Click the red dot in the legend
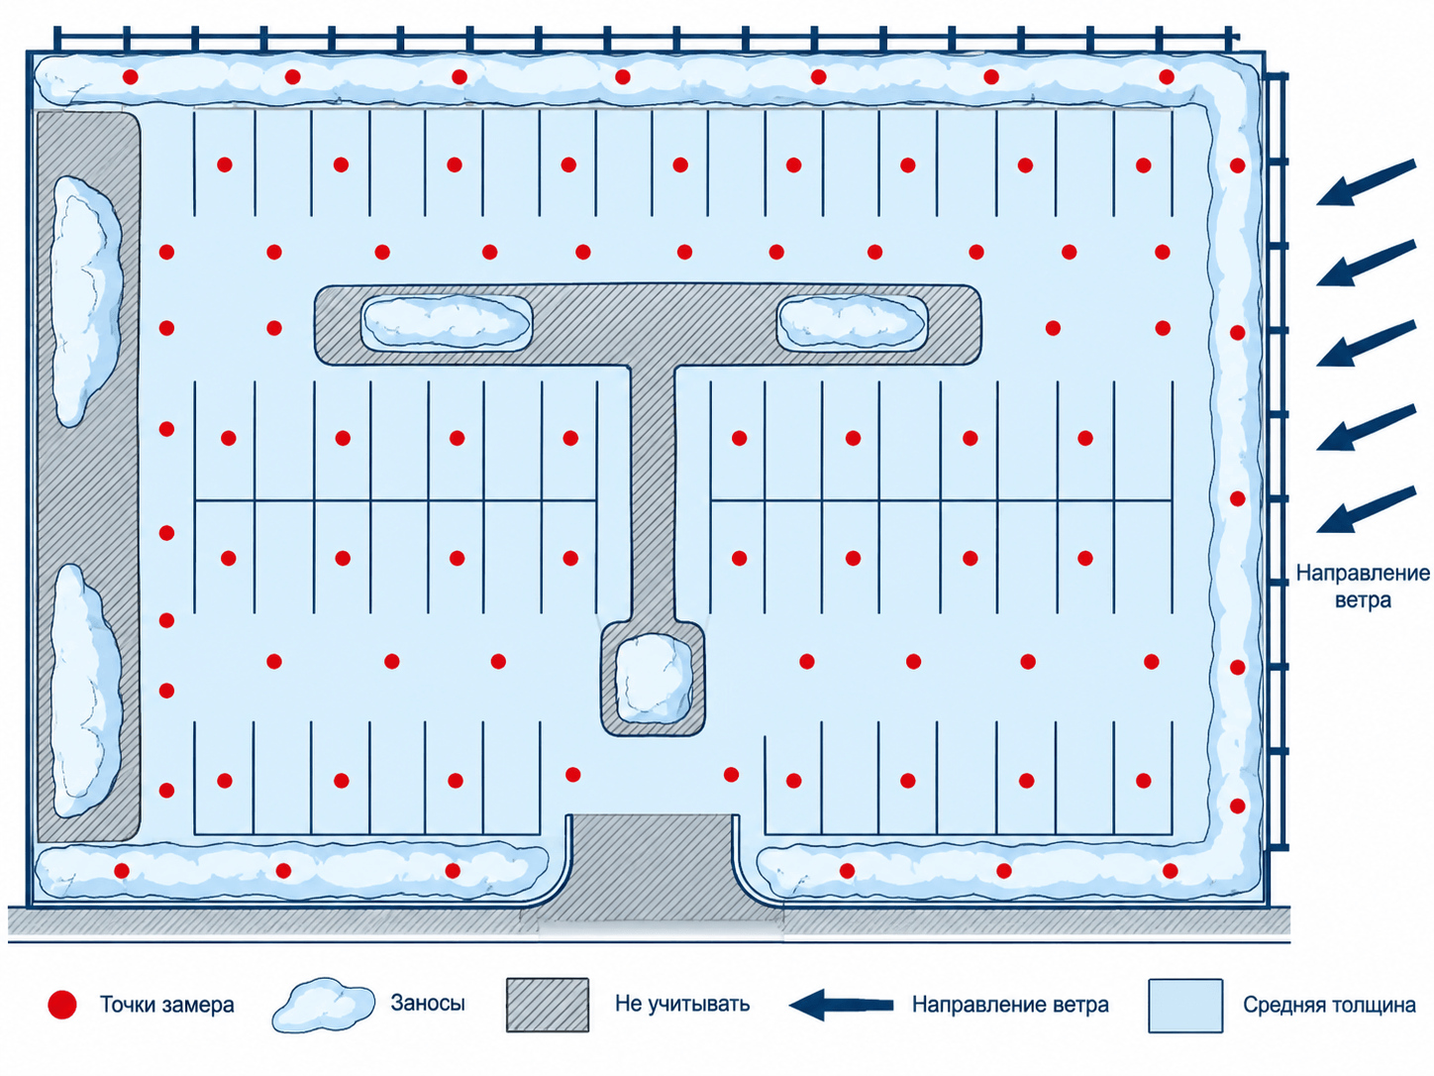[62, 1004]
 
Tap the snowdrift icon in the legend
[324, 1005]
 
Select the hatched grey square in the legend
[548, 1005]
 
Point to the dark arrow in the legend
[841, 1005]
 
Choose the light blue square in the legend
[1185, 1006]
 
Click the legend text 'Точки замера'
[166, 1005]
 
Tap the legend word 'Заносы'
[428, 1003]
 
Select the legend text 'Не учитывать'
[682, 1004]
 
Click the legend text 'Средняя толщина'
[1329, 1005]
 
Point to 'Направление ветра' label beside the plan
[1363, 586]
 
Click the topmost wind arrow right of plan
[1366, 183]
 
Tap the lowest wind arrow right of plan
[1366, 509]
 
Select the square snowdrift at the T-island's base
[654, 679]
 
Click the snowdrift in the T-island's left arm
[447, 322]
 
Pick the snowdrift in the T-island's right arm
[852, 321]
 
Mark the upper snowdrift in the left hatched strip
[85, 300]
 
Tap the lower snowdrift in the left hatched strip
[85, 692]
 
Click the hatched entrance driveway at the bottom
[653, 866]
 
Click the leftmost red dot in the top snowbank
[131, 77]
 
